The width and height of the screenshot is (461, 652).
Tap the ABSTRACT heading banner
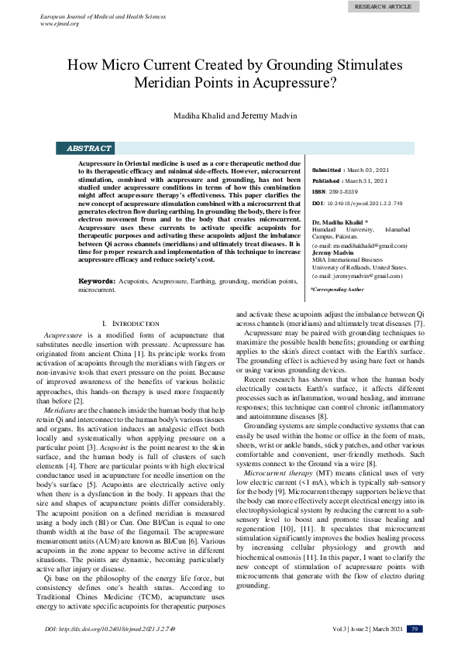click(89, 148)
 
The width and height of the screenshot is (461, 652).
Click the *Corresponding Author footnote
click(337, 289)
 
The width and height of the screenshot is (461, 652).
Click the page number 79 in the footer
click(415, 629)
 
